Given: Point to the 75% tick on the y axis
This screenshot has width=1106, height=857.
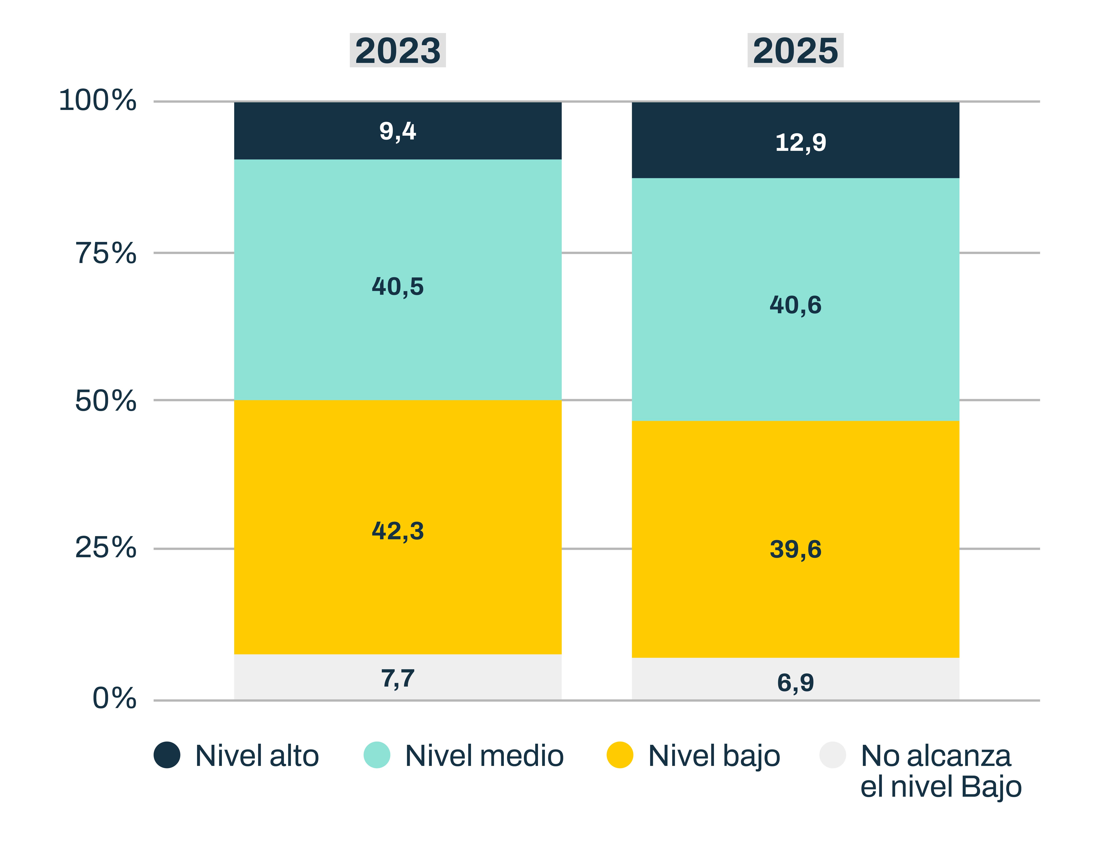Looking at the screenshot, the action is (x=106, y=253).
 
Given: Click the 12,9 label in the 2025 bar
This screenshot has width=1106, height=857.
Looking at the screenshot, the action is (x=801, y=142).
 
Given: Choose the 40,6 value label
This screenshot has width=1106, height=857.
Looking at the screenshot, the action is (x=795, y=305).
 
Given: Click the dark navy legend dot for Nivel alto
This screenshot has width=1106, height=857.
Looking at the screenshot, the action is (x=167, y=755).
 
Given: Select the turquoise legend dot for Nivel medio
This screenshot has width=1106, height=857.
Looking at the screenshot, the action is (x=377, y=755).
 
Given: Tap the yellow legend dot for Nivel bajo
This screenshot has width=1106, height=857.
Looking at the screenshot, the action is (x=620, y=755).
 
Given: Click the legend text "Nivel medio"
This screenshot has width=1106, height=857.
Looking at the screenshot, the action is (x=484, y=756).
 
